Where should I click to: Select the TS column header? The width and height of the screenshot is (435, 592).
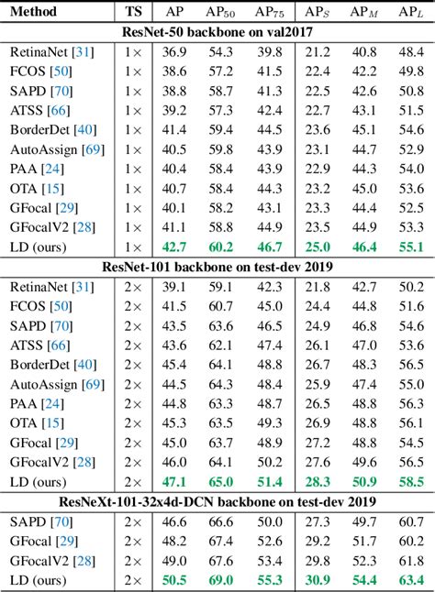point(133,13)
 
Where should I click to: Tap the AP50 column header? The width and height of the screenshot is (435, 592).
point(220,13)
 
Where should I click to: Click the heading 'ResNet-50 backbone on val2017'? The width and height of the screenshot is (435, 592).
point(217,35)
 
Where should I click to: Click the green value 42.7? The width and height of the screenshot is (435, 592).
point(174,247)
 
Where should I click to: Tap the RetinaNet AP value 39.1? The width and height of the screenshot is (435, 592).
point(174,287)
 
